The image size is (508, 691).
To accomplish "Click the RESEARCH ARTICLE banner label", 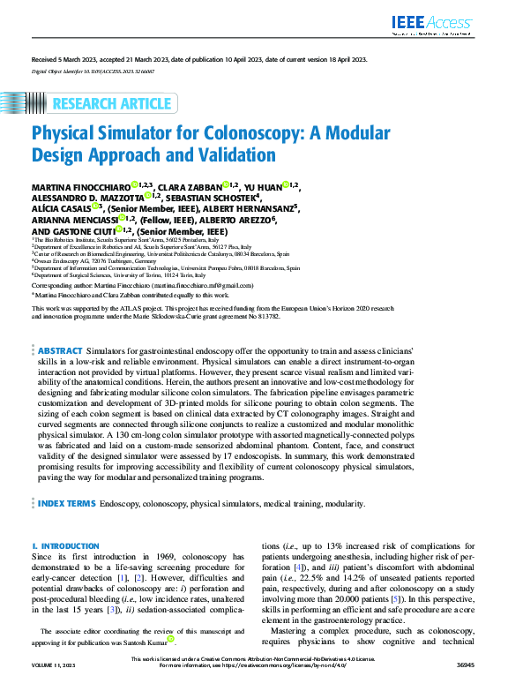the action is coord(112,104).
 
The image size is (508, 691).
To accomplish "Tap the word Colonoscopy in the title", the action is coord(194,134).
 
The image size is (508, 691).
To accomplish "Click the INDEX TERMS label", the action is coord(67,503).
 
